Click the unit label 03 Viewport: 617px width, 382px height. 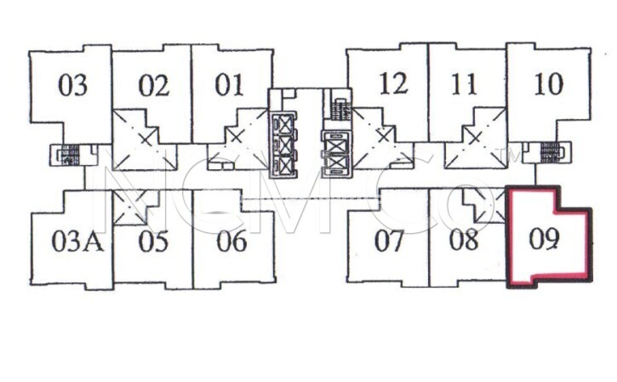click(x=73, y=85)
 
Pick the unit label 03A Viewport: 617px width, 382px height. click(x=78, y=241)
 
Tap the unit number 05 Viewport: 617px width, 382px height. click(x=153, y=241)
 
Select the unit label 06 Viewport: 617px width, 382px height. click(x=232, y=241)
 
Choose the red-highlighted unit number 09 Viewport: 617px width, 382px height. click(x=544, y=240)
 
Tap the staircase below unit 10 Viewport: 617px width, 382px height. click(x=550, y=152)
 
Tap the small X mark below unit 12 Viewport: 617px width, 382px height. click(x=384, y=137)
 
